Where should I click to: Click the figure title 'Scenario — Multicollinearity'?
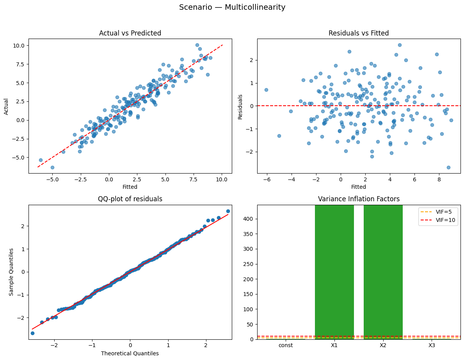point(232,7)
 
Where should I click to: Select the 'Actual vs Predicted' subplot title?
point(130,33)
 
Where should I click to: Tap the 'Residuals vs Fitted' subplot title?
point(359,33)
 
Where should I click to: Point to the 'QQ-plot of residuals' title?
point(130,199)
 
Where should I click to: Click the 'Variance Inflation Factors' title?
point(359,199)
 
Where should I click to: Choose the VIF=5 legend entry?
point(438,212)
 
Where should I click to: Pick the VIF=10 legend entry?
point(438,220)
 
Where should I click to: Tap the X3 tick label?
point(432,346)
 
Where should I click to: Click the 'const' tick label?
point(286,346)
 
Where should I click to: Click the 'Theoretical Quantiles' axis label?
point(130,353)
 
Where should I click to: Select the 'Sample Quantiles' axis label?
point(12,272)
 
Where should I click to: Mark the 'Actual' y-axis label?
point(6,106)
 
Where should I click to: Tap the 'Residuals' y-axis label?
point(240,106)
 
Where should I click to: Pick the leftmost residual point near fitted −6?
point(266,90)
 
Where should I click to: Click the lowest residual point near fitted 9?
point(448,167)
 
